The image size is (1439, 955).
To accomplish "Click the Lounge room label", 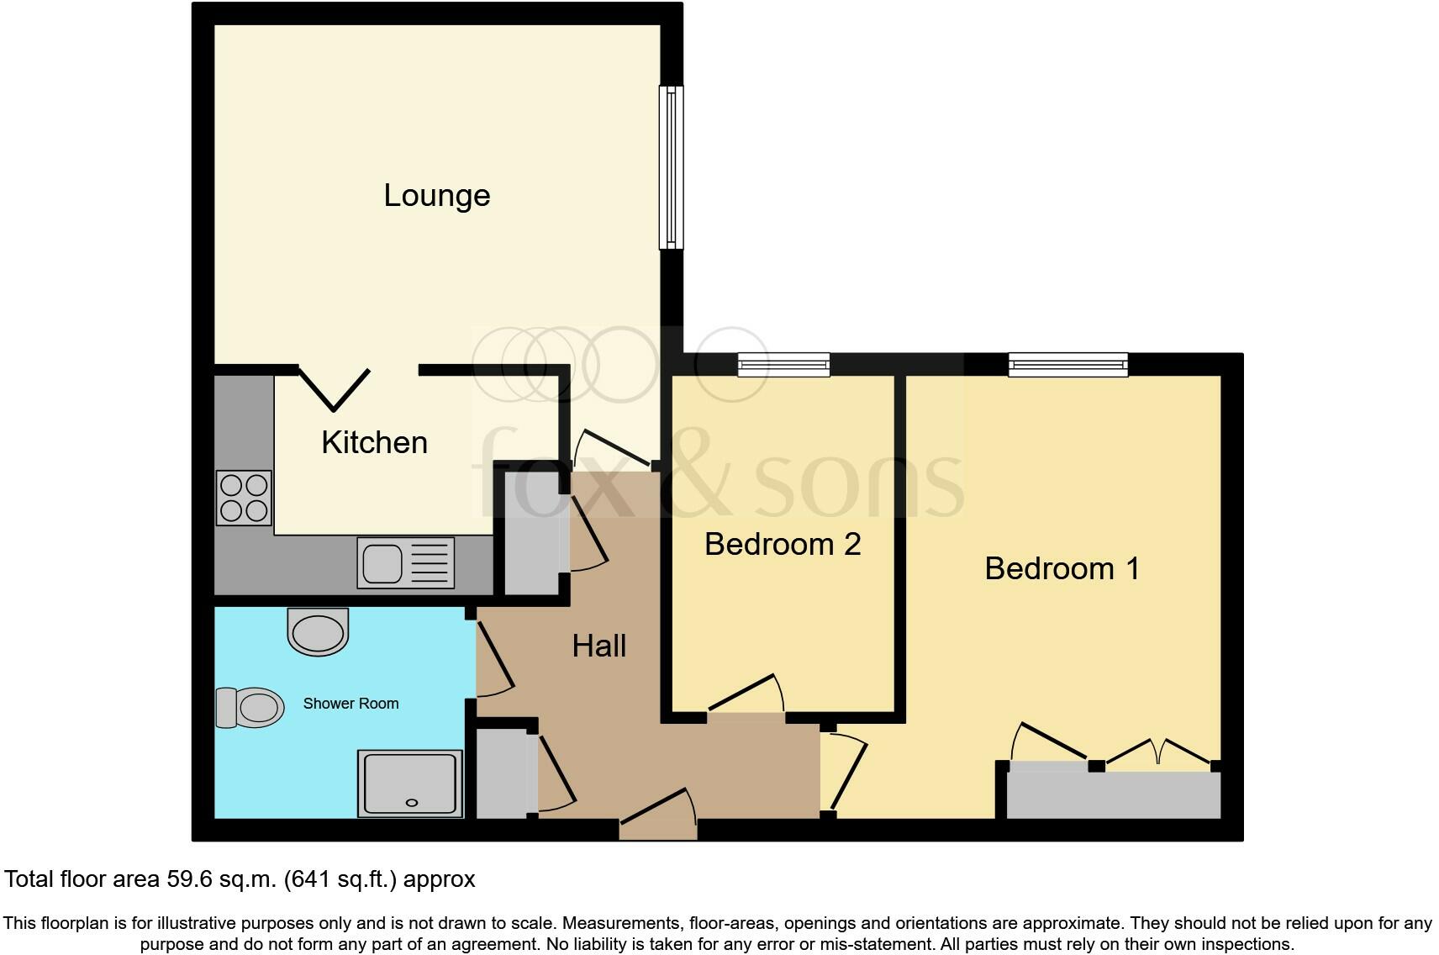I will pyautogui.click(x=436, y=195).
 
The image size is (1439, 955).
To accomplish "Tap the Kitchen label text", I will pyautogui.click(x=374, y=442).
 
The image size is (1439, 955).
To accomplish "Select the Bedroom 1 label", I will pyautogui.click(x=1062, y=568).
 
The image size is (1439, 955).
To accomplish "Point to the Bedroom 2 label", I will pyautogui.click(x=782, y=544).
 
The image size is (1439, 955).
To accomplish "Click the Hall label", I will pyautogui.click(x=598, y=646).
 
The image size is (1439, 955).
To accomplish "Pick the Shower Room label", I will pyautogui.click(x=351, y=704).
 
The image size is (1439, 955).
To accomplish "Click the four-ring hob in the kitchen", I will pyautogui.click(x=244, y=498).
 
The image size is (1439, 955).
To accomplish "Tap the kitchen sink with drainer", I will pyautogui.click(x=406, y=562).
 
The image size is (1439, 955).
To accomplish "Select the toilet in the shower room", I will pyautogui.click(x=250, y=707).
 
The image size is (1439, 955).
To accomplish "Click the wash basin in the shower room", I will pyautogui.click(x=317, y=631).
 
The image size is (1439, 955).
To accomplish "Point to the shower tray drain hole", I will pyautogui.click(x=412, y=803).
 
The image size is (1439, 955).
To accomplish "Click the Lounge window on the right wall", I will pyautogui.click(x=671, y=167).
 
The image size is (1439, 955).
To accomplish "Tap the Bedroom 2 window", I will pyautogui.click(x=783, y=365).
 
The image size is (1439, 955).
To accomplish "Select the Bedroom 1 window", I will pyautogui.click(x=1067, y=364).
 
